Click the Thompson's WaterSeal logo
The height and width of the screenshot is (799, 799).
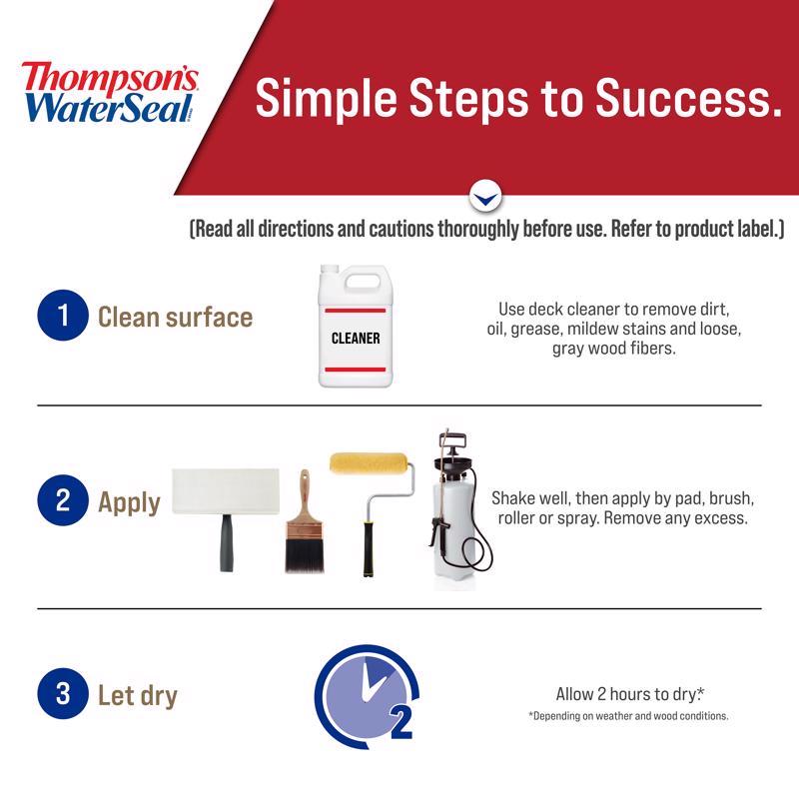110,92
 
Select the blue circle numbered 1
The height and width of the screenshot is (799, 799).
63,317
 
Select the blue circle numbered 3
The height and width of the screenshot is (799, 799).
63,694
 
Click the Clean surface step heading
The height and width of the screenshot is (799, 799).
175,318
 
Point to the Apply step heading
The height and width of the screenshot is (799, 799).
129,501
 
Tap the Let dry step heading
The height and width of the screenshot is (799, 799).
137,695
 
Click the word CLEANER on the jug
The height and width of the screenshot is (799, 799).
356,338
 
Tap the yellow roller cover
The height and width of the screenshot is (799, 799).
369,465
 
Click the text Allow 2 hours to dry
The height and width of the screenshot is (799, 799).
629,694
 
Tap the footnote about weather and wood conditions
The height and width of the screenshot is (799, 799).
628,716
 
